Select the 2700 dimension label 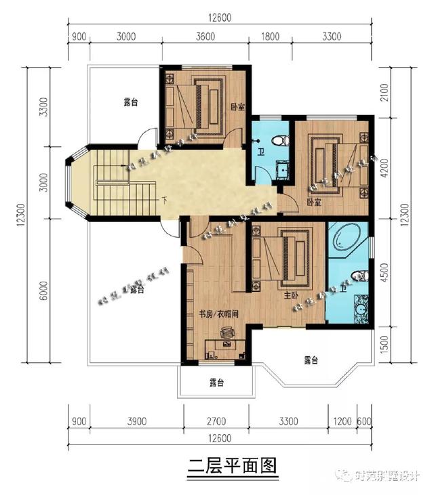click(217, 422)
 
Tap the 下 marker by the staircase click(165, 201)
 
